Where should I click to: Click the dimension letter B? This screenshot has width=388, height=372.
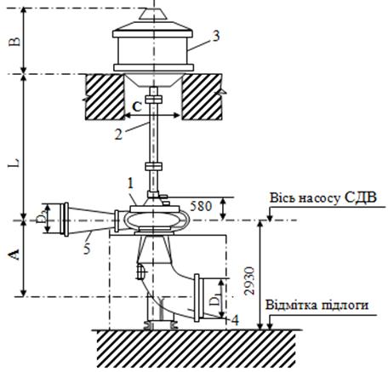16,41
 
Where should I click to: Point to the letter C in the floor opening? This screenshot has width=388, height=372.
137,106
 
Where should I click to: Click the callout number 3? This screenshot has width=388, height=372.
216,37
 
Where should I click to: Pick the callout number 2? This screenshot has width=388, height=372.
118,134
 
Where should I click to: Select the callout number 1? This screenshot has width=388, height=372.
130,184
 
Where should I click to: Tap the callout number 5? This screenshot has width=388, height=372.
87,249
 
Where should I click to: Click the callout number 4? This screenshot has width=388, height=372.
235,320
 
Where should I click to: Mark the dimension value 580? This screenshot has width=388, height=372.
201,206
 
